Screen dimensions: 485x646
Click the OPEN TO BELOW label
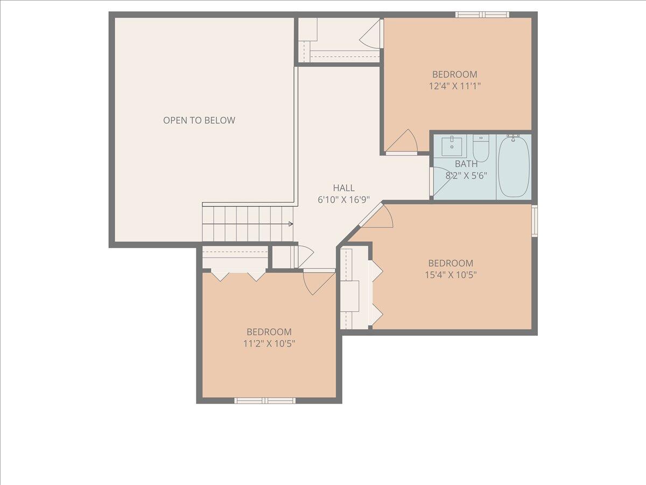199,120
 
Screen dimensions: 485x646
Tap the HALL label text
343,188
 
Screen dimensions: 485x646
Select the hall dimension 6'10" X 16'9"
343,199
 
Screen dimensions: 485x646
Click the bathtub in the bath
514,167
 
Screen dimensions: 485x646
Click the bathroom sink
451,145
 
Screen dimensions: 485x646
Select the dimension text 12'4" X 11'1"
455,86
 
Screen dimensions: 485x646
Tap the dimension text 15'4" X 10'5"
451,274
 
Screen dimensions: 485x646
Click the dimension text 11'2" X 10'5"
269,343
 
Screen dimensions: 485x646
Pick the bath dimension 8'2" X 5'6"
466,175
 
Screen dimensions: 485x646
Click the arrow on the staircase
290,224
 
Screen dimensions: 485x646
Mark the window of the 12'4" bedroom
482,15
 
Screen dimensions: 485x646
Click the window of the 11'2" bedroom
265,400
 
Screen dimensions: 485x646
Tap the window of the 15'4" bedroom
535,220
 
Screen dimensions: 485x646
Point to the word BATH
466,164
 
